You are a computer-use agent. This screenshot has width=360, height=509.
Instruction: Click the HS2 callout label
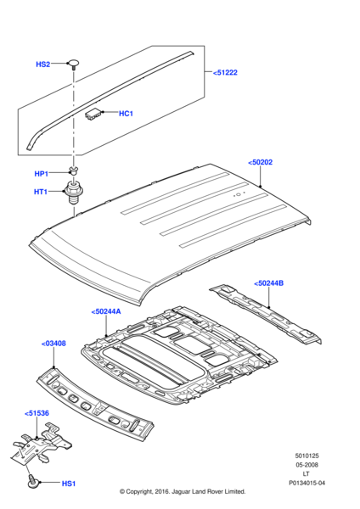(x=43, y=64)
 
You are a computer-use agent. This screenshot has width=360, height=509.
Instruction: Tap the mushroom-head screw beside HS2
(x=74, y=64)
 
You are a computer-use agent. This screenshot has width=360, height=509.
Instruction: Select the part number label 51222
(x=225, y=73)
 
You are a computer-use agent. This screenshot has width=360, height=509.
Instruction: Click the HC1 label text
(x=126, y=114)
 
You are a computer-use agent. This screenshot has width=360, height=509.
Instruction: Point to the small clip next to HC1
(x=93, y=114)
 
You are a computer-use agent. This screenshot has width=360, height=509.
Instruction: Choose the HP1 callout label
(x=42, y=174)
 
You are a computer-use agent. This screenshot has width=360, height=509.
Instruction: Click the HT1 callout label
(x=41, y=192)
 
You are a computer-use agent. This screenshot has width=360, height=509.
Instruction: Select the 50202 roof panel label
(x=261, y=162)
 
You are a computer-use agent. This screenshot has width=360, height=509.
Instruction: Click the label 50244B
(x=268, y=283)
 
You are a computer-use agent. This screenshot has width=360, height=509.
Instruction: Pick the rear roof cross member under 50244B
(x=266, y=313)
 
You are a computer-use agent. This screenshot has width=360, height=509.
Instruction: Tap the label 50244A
(x=106, y=311)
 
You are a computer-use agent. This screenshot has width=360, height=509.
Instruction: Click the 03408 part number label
(x=53, y=344)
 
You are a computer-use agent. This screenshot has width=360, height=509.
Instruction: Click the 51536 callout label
(x=37, y=413)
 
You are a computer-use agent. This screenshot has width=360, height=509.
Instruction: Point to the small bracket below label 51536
(x=42, y=443)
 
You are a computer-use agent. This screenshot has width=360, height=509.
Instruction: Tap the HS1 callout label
(x=69, y=484)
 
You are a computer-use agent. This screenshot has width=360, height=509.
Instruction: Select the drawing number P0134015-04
(x=307, y=483)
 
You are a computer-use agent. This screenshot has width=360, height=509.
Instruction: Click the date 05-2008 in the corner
(x=307, y=465)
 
